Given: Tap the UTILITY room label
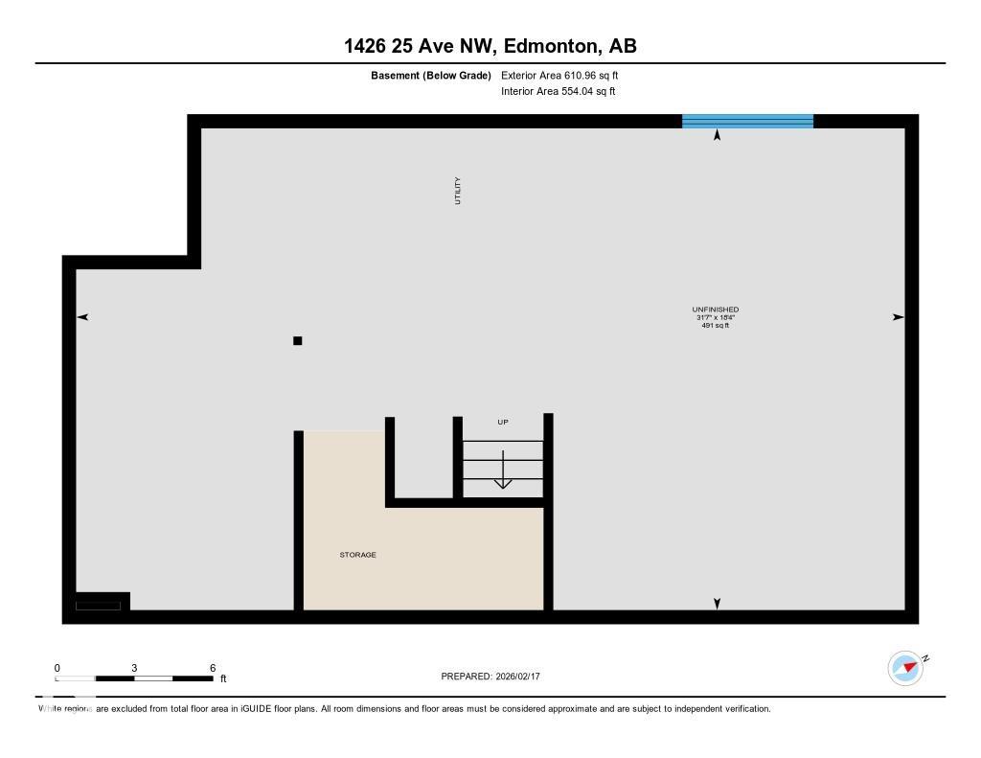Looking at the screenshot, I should pos(458,190).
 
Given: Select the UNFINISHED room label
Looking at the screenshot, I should pos(715,310).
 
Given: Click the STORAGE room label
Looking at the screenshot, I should pos(357,555).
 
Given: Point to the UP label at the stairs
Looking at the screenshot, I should pos(502,422).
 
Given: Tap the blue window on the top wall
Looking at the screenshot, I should pos(747,121).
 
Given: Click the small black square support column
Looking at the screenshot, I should pos(298,340).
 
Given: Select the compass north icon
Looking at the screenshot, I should pos(905,667).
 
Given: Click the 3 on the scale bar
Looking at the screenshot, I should pos(134,668).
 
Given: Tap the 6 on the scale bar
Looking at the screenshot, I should pos(212,668).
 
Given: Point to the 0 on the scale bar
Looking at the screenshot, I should pos(57,668).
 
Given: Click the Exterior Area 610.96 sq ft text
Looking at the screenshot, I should pos(553,75).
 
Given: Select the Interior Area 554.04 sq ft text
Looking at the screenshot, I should pos(558,92).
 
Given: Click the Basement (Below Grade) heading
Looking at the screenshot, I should pos(431,75).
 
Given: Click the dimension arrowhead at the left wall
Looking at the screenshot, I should pos(82,317).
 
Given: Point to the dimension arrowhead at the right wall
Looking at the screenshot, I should pos(898,317).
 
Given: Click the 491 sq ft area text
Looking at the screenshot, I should pos(715,326).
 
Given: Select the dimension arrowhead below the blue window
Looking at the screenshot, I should pos(717,135).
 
